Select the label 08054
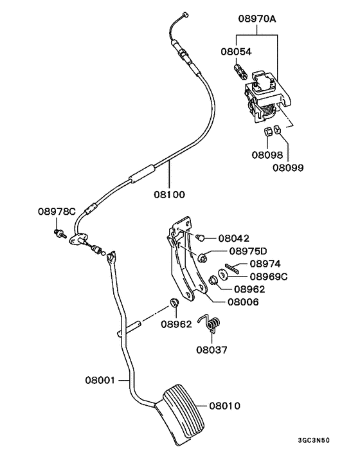pyautogui.click(x=237, y=51)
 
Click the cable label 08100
pyautogui.click(x=169, y=192)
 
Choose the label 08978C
pyautogui.click(x=57, y=210)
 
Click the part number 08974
pyautogui.click(x=265, y=264)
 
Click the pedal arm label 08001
pyautogui.click(x=98, y=380)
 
